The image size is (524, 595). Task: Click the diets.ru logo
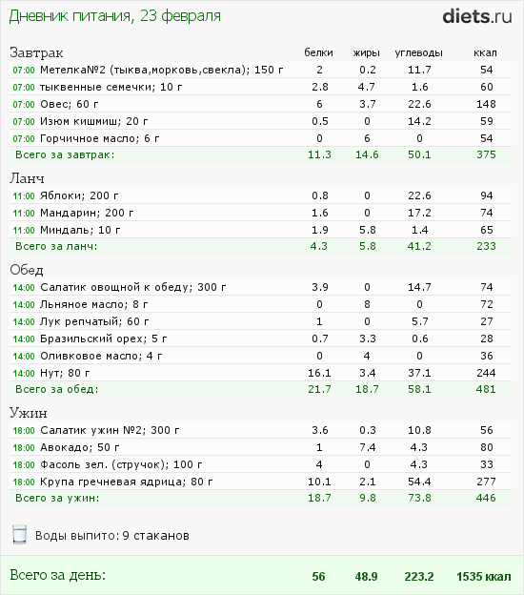click(x=477, y=17)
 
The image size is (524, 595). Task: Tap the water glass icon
click(x=19, y=534)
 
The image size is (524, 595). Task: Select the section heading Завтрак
click(x=36, y=52)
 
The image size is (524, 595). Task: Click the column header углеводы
click(x=418, y=52)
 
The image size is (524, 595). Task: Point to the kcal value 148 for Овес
click(x=486, y=104)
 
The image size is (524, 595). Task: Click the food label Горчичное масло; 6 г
click(x=100, y=138)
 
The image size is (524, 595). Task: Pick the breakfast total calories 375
click(x=486, y=154)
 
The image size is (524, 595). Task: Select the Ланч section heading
click(x=27, y=178)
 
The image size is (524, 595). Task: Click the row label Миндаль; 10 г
click(x=80, y=230)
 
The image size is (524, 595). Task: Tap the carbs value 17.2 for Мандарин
click(x=419, y=213)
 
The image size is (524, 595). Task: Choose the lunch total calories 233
click(x=486, y=246)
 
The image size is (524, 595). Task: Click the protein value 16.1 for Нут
click(x=319, y=373)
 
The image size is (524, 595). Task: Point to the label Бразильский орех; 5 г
click(x=104, y=339)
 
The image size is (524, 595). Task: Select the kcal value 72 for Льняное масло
click(x=487, y=304)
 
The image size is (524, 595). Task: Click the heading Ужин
click(x=29, y=413)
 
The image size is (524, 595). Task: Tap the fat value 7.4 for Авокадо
click(x=368, y=447)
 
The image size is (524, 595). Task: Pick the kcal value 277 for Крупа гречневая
click(x=486, y=482)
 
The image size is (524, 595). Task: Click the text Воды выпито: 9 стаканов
click(x=112, y=536)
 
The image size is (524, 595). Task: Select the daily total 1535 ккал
click(x=483, y=576)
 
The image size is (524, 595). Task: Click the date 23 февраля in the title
click(x=180, y=16)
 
